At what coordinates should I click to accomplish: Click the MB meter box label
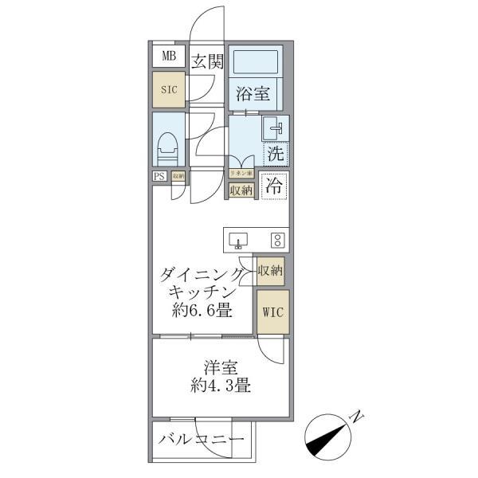click(x=169, y=56)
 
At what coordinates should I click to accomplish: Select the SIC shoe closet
click(x=169, y=89)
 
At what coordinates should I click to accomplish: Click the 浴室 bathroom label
click(x=253, y=94)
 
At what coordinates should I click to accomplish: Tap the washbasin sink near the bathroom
click(x=274, y=127)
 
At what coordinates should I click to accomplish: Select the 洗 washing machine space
click(x=275, y=152)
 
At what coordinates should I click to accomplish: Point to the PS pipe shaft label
click(x=159, y=177)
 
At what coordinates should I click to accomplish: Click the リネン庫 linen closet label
click(x=241, y=173)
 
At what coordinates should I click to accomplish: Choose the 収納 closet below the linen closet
click(x=241, y=190)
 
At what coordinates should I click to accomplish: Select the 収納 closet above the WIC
click(x=270, y=271)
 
